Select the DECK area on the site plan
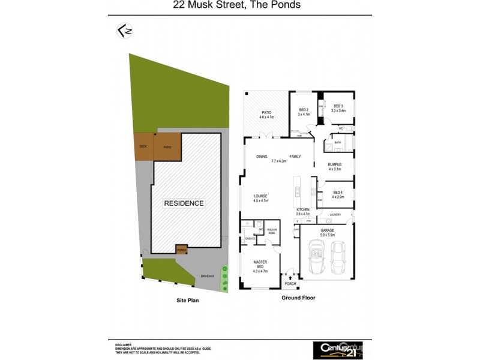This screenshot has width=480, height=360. (x=143, y=146)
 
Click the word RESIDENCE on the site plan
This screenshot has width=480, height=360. (x=184, y=203)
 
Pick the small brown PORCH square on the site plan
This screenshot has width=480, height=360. (x=181, y=249)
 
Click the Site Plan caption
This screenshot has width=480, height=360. (x=187, y=301)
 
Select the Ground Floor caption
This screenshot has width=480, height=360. (x=298, y=298)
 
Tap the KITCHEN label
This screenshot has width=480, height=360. (x=302, y=210)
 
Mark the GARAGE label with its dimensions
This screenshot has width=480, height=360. (x=327, y=232)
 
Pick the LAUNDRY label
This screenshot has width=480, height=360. (x=336, y=214)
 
